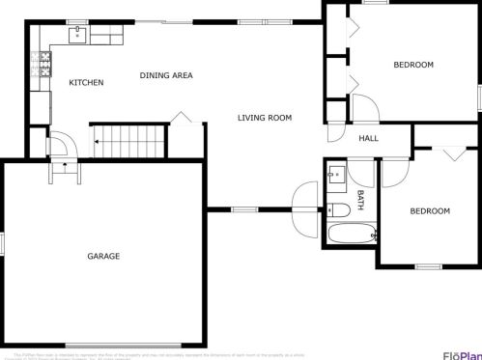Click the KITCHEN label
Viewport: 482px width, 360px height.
pos(86,83)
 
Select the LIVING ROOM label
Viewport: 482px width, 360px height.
pos(265,118)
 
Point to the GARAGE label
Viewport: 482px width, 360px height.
pos(103,256)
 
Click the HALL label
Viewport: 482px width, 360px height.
pos(368,139)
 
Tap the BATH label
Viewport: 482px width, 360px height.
pos(361,199)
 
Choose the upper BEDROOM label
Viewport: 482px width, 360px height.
pos(412,65)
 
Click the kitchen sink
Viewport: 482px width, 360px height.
pos(77,36)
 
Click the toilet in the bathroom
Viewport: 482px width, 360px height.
pos(337,209)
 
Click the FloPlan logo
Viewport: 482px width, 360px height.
pos(462,352)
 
